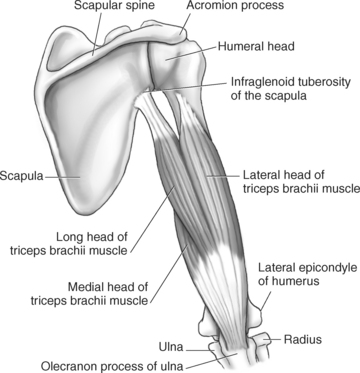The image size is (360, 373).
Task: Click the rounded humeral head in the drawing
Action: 172,66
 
